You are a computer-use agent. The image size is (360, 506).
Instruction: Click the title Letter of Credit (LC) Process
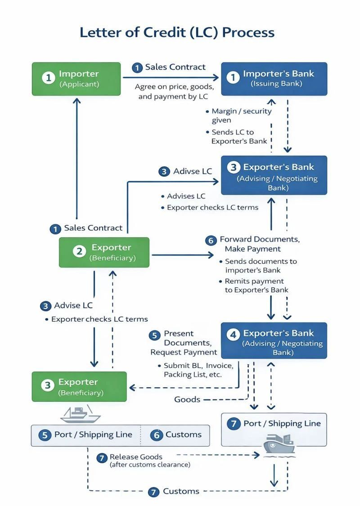(177, 32)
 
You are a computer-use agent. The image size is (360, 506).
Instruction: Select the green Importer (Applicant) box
(76, 79)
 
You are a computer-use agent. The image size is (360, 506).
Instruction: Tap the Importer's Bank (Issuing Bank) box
(274, 79)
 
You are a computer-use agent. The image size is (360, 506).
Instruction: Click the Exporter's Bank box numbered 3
(274, 175)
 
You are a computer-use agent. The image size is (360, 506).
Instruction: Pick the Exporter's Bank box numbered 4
(274, 340)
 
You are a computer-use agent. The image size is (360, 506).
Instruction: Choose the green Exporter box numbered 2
(104, 252)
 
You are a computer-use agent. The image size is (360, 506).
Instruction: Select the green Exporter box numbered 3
(79, 387)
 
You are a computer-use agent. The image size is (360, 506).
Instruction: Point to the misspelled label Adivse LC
(193, 171)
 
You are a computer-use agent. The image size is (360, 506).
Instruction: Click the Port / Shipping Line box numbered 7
(274, 430)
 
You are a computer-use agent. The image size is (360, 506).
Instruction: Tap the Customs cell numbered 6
(175, 435)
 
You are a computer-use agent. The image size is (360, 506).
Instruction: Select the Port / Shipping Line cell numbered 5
(86, 435)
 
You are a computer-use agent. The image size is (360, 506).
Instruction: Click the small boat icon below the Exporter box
(81, 414)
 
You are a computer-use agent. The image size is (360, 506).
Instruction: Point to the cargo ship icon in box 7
(279, 446)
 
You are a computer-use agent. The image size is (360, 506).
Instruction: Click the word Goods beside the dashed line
(187, 399)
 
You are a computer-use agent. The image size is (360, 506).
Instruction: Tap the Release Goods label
(135, 457)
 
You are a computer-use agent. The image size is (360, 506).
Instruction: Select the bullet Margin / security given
(238, 116)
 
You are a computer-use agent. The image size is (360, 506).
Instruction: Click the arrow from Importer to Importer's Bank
(171, 77)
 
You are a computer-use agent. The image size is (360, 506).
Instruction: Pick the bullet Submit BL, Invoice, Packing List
(196, 370)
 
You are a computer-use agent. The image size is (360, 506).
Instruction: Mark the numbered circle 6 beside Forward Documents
(211, 241)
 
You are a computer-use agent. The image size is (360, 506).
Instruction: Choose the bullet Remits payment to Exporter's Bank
(253, 286)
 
